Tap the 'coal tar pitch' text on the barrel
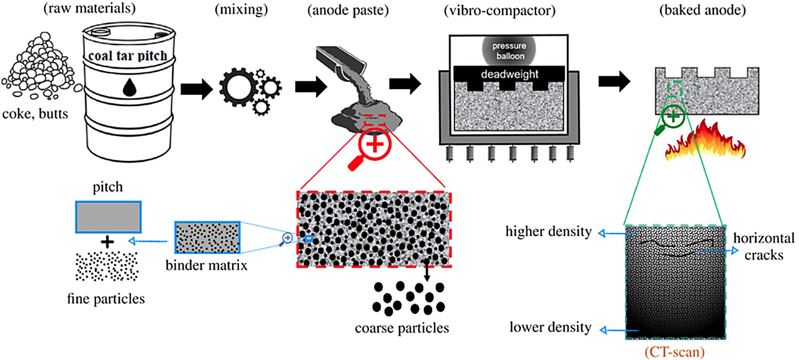pyautogui.click(x=128, y=56)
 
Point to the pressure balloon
pyautogui.click(x=509, y=51)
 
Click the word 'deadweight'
pyautogui.click(x=509, y=74)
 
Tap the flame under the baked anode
pyautogui.click(x=705, y=141)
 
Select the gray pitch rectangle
pyautogui.click(x=108, y=217)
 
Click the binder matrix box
pyautogui.click(x=207, y=237)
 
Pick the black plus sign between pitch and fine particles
pyautogui.click(x=108, y=242)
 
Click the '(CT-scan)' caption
pyautogui.click(x=674, y=352)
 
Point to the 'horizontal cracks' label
pyautogui.click(x=763, y=246)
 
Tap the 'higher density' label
pyautogui.click(x=548, y=231)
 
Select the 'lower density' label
pyautogui.click(x=550, y=327)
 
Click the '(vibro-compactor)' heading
pyautogui.click(x=499, y=10)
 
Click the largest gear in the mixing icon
pyautogui.click(x=239, y=87)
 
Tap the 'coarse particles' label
pyautogui.click(x=402, y=328)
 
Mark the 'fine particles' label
pyautogui.click(x=106, y=299)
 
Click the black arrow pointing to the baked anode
pyautogui.click(x=614, y=81)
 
